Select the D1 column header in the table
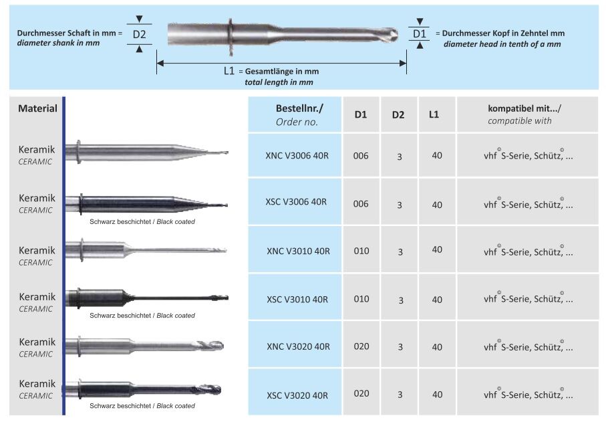coord(361,114)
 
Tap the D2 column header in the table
coord(398,114)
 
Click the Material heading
coord(37,108)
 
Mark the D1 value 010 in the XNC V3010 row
coord(361,251)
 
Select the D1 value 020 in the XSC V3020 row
coord(361,394)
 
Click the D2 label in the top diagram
coord(139,34)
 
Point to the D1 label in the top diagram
coord(419,33)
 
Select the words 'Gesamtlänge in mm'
coord(281,72)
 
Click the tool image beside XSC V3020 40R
coord(144,389)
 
